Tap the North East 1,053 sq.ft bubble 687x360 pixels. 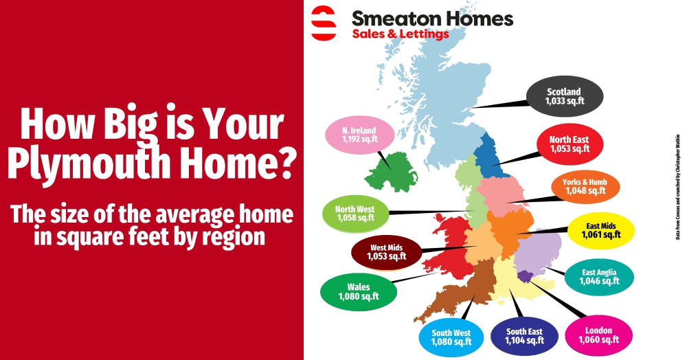coord(570,144)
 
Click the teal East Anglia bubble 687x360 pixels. coord(598,276)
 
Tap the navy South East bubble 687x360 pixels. coord(525,336)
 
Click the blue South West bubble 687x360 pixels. coord(451,337)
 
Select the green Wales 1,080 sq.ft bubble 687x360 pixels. coord(358,291)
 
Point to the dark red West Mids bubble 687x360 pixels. coord(385,251)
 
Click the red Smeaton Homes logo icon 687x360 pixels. coord(323,23)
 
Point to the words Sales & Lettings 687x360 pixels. coord(401,34)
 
